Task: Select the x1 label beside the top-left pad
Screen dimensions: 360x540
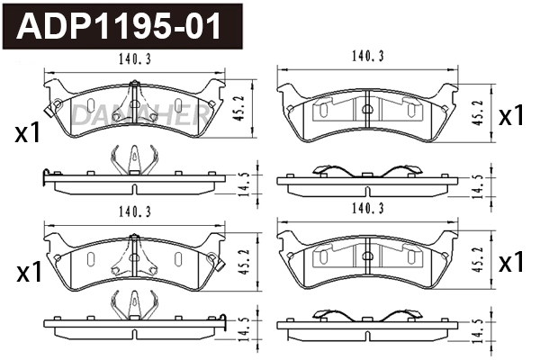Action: (x=29, y=134)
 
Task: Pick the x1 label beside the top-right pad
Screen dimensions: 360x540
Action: (x=511, y=115)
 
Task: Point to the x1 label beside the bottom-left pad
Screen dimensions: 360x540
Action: (x=29, y=272)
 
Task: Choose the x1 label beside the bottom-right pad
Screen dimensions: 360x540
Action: (x=511, y=262)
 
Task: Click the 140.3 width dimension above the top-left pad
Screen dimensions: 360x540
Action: (x=135, y=60)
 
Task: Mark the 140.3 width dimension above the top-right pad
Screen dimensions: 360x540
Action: (x=367, y=56)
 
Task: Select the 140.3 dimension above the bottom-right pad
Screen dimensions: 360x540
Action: (x=367, y=209)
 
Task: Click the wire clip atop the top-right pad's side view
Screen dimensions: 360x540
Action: (x=367, y=171)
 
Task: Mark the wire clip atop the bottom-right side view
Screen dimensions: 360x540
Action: (x=367, y=315)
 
